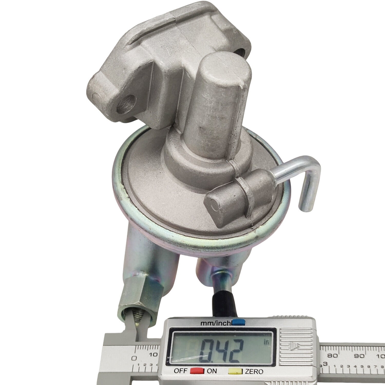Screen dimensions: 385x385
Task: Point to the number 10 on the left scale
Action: (x=153, y=355)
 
